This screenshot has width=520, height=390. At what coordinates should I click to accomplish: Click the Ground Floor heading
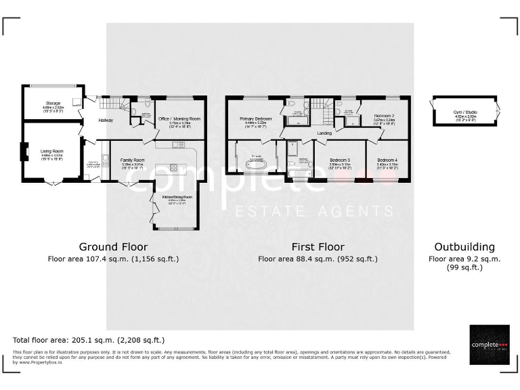click(x=113, y=247)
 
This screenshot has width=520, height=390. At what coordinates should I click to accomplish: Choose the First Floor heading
click(x=318, y=247)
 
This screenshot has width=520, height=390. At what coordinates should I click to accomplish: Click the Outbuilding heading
click(x=464, y=247)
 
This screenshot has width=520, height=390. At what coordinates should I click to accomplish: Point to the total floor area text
click(x=89, y=340)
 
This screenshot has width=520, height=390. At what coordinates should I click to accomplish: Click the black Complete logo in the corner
click(x=489, y=345)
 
